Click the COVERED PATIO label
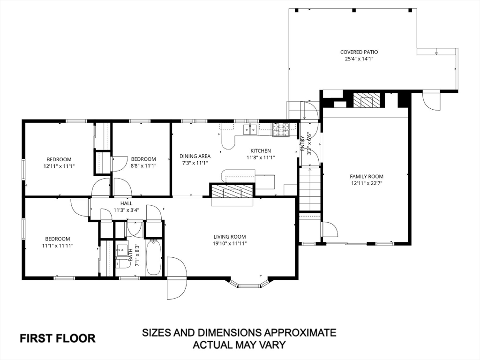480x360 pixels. (x=359, y=52)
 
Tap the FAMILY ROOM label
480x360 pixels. (x=367, y=176)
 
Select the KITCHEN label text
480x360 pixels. (x=261, y=151)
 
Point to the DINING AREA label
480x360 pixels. (x=195, y=156)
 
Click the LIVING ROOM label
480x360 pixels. (x=230, y=237)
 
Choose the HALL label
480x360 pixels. (x=127, y=203)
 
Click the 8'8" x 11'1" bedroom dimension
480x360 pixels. (x=143, y=166)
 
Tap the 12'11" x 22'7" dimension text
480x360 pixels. (x=367, y=183)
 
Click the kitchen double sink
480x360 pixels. (x=250, y=130)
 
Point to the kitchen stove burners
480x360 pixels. (x=281, y=129)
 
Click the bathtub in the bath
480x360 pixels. (x=153, y=258)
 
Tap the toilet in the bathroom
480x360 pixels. (x=122, y=263)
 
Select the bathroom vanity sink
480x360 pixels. (x=122, y=249)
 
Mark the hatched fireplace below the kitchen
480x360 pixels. (x=232, y=193)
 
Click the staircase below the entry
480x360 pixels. (x=309, y=189)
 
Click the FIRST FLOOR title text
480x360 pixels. (x=58, y=338)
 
